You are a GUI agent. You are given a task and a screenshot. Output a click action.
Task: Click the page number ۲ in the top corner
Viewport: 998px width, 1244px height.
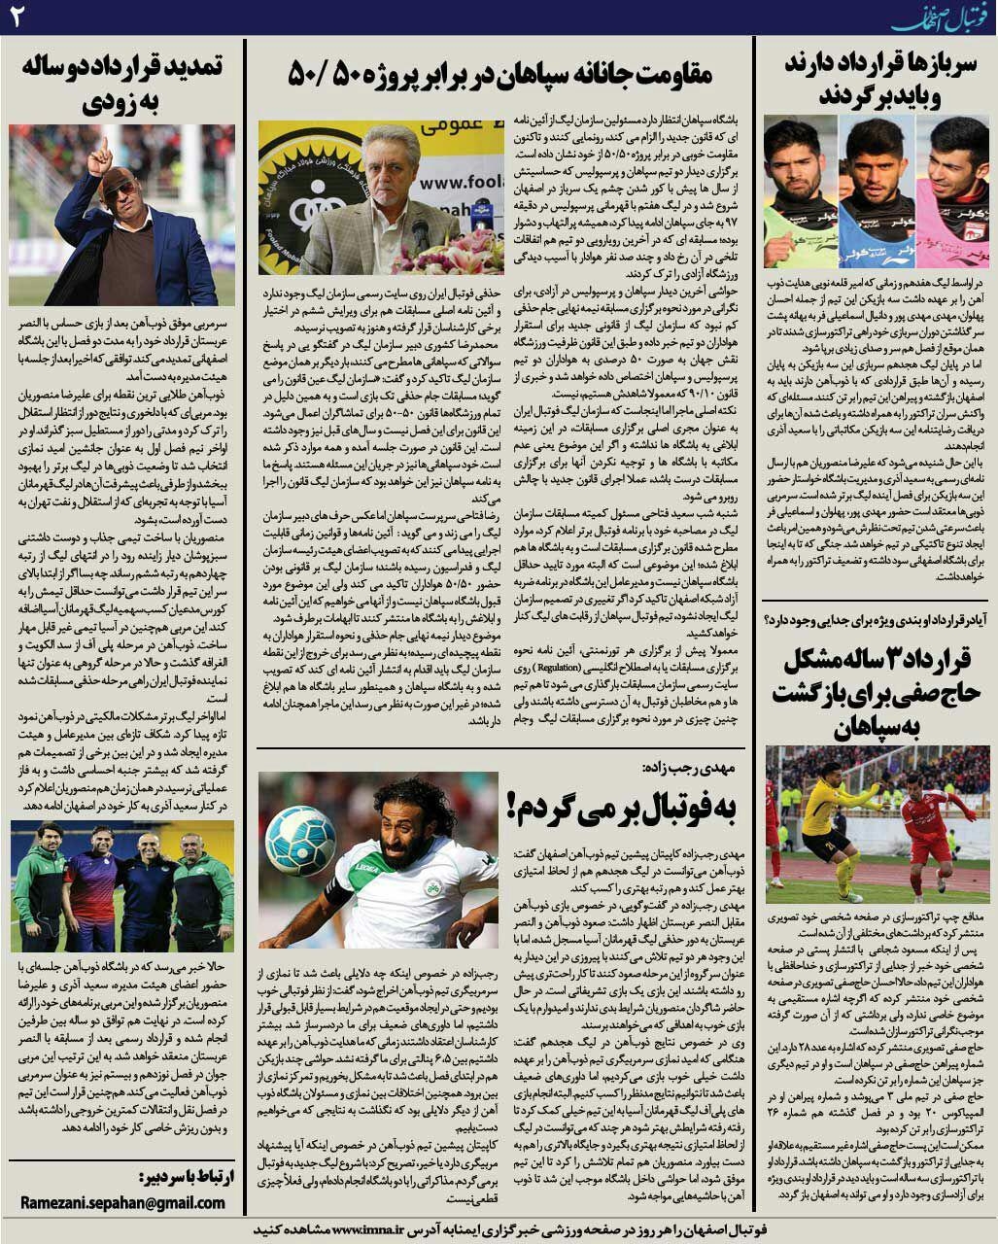[18, 17]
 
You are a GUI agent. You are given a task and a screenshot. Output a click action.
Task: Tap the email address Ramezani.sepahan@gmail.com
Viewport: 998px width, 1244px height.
[122, 1202]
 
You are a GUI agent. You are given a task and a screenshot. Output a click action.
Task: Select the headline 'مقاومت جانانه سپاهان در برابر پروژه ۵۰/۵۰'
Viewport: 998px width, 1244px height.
[500, 73]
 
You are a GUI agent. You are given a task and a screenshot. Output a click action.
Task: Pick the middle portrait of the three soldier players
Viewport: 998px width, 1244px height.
[876, 190]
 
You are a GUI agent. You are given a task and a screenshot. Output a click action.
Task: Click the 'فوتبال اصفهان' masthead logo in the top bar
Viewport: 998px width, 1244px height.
[943, 17]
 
